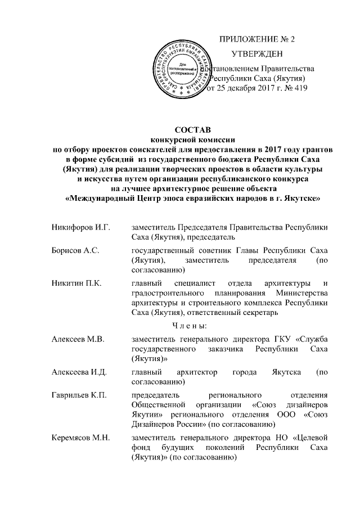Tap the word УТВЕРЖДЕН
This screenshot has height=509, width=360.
257,55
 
